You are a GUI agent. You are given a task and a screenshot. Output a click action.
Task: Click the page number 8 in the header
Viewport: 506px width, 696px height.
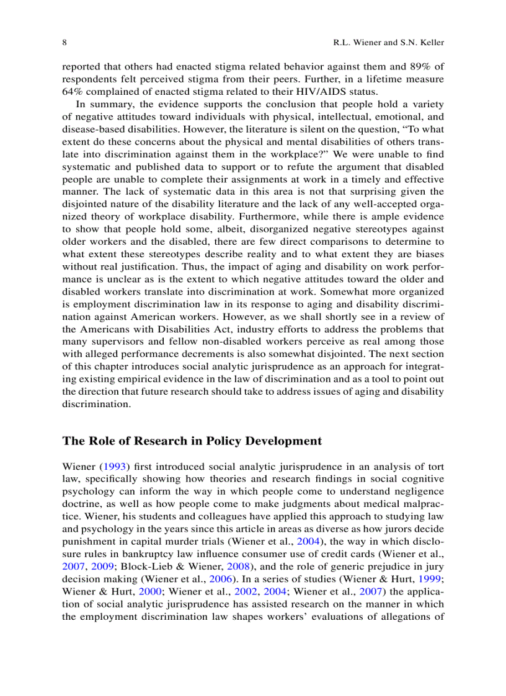(64, 43)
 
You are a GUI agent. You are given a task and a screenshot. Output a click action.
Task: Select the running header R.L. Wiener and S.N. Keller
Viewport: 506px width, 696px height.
(388, 43)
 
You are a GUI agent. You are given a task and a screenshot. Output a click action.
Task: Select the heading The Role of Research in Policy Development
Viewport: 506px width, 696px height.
(192, 441)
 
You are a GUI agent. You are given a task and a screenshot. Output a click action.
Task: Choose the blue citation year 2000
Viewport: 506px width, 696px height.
(148, 592)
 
